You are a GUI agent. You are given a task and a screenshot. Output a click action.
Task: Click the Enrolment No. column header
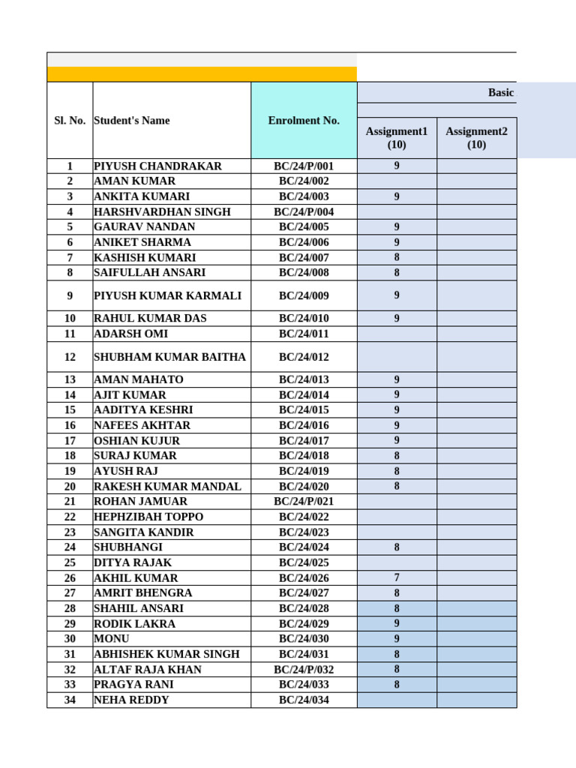pos(304,120)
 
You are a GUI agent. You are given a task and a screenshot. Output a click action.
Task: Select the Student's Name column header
pos(132,120)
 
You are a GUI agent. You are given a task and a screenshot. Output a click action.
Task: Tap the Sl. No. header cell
pos(70,120)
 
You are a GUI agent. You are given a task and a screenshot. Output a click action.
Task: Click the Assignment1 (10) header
pos(397,138)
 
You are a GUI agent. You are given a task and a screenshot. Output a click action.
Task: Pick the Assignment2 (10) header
pos(476,138)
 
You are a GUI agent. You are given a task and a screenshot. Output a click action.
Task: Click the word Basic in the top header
pos(501,92)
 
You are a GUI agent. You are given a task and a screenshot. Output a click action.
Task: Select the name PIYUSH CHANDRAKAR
pos(157,166)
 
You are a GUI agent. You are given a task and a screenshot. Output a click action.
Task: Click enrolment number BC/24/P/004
pos(304,211)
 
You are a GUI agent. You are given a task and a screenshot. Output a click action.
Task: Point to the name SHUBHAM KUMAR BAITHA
pos(169,357)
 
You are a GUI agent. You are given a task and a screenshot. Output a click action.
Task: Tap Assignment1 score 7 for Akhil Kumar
pos(397,577)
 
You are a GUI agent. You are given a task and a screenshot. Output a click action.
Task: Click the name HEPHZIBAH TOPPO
pos(148,517)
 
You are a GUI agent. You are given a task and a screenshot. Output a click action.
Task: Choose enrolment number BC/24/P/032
pos(304,669)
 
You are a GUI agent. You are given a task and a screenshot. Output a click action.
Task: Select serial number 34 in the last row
pos(70,700)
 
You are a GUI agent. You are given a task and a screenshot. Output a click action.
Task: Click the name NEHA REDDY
pos(131,700)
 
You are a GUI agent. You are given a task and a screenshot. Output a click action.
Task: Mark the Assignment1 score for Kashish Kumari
pos(397,257)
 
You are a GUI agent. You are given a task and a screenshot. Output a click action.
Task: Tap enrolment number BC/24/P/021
pos(304,501)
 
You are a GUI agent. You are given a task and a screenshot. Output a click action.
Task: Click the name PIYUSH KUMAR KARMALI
pos(167,295)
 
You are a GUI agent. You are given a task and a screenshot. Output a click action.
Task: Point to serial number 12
pos(70,357)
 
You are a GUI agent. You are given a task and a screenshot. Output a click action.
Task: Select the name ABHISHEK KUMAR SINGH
pos(166,654)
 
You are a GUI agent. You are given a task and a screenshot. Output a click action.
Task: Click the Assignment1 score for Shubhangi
pos(397,547)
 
